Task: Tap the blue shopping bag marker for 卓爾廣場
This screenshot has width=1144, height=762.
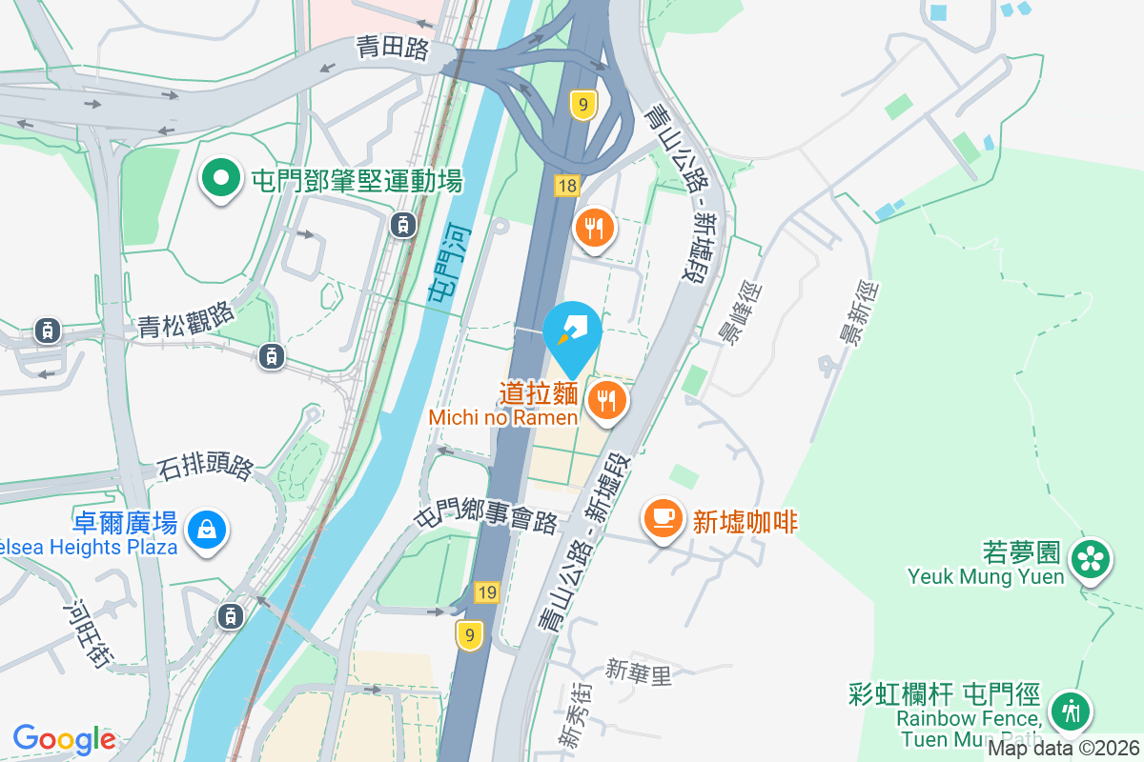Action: [x=206, y=528]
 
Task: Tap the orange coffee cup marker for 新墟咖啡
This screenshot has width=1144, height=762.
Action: [x=663, y=518]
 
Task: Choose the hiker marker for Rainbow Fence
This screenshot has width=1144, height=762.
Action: [x=1070, y=711]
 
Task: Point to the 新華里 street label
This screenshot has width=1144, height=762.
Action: [x=639, y=674]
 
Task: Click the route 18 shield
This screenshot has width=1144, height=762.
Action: [x=567, y=186]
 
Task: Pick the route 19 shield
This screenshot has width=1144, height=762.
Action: [x=486, y=593]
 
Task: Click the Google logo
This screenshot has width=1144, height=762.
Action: [x=65, y=738]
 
